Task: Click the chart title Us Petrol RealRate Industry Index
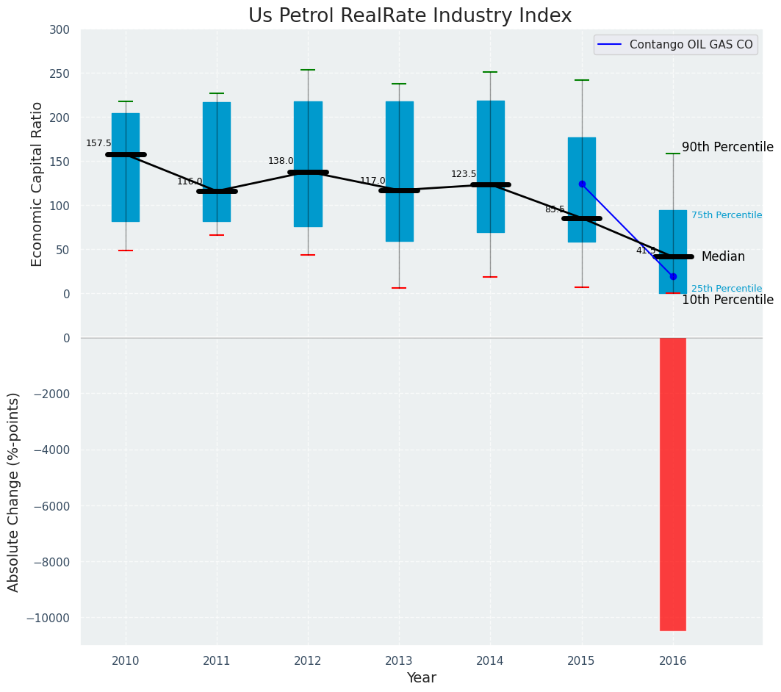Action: point(409,16)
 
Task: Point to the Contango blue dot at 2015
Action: point(582,184)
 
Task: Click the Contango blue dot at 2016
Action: point(673,276)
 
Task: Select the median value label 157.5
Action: point(98,143)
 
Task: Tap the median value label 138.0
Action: point(281,161)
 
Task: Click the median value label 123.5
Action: point(464,174)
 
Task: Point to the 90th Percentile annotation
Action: point(727,147)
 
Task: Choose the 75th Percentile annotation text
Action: point(726,215)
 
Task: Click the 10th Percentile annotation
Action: point(727,300)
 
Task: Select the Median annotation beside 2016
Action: point(723,256)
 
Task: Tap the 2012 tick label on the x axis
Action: point(308,660)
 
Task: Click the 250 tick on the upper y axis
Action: point(60,73)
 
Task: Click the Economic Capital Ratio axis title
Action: point(37,184)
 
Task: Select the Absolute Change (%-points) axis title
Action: point(14,491)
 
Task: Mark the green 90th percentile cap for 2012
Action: point(308,70)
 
